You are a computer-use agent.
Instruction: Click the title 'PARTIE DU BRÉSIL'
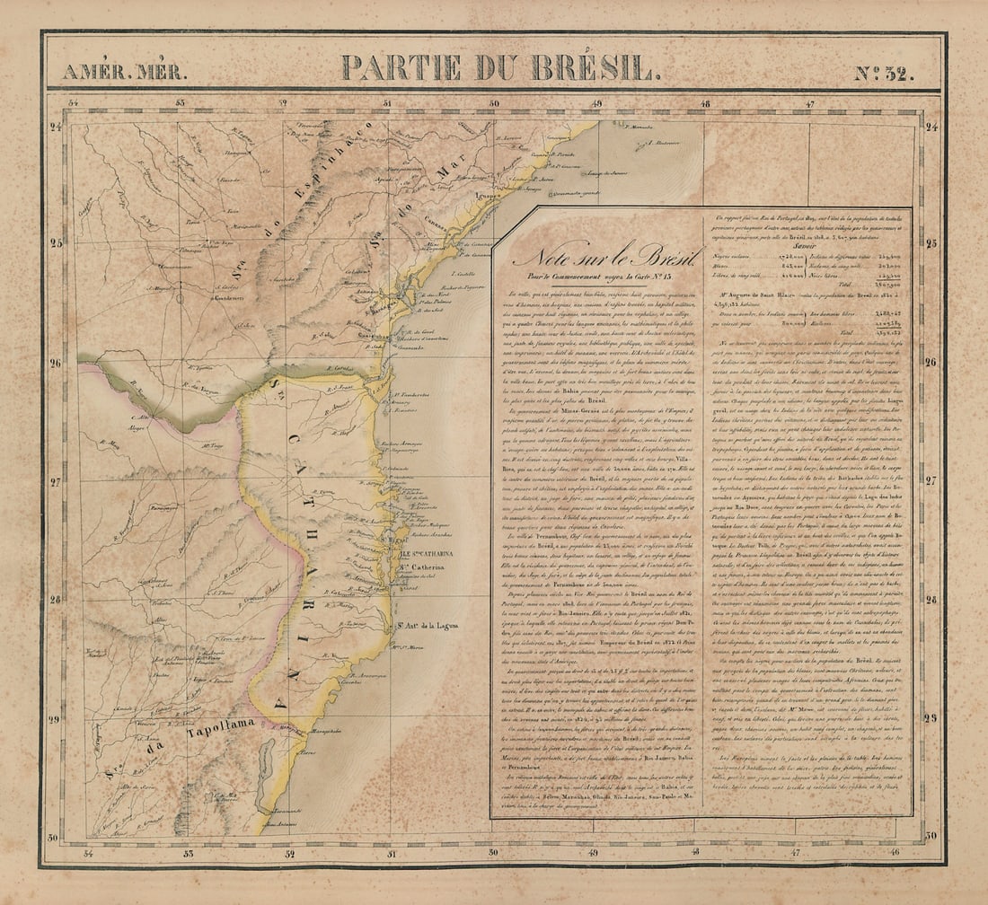point(497,68)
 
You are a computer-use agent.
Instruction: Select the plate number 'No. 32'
point(883,72)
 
